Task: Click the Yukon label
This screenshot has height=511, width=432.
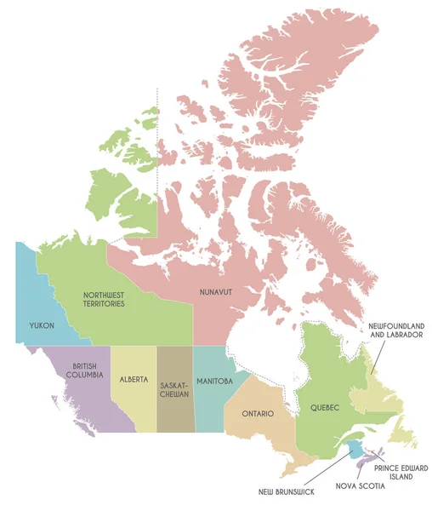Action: pyautogui.click(x=41, y=326)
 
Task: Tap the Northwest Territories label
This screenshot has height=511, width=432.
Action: pyautogui.click(x=104, y=299)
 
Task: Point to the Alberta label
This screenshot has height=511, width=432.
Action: pyautogui.click(x=134, y=379)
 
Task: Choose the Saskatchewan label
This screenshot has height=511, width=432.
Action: pyautogui.click(x=174, y=390)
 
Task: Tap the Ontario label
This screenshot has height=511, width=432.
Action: pyautogui.click(x=257, y=414)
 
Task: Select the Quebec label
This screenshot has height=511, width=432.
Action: pyautogui.click(x=325, y=408)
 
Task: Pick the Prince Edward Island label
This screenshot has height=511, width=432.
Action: pyautogui.click(x=395, y=473)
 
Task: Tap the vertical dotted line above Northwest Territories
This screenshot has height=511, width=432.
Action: pyautogui.click(x=157, y=128)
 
